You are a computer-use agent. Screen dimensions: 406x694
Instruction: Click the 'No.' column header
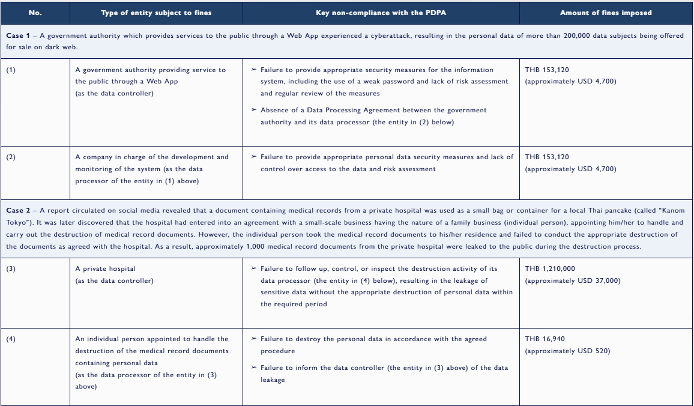point(35,13)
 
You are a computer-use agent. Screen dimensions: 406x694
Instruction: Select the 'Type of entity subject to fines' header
point(156,13)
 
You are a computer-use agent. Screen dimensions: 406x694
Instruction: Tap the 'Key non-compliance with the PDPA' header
point(381,13)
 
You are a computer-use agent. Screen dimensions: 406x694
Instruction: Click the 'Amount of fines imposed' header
point(606,13)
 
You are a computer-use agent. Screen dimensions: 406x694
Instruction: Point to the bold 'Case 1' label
point(18,36)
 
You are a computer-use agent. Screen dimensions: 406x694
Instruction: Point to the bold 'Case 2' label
point(18,210)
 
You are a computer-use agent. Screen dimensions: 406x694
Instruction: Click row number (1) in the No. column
point(11,70)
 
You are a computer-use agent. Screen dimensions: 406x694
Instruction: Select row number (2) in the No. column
point(11,157)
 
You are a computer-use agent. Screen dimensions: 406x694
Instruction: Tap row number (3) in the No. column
point(11,269)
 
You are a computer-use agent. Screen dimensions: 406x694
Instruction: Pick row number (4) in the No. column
point(11,339)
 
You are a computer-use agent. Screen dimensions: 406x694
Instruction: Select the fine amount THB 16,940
point(545,339)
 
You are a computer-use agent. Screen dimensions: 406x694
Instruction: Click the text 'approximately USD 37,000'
point(573,281)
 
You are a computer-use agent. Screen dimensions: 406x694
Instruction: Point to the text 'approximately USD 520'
point(568,351)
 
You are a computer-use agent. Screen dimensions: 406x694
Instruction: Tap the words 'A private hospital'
point(105,269)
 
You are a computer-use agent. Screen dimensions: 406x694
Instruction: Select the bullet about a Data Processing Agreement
point(373,117)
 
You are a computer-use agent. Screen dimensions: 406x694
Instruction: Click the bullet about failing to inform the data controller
point(384,374)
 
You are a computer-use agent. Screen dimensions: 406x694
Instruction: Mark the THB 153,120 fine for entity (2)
point(547,157)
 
